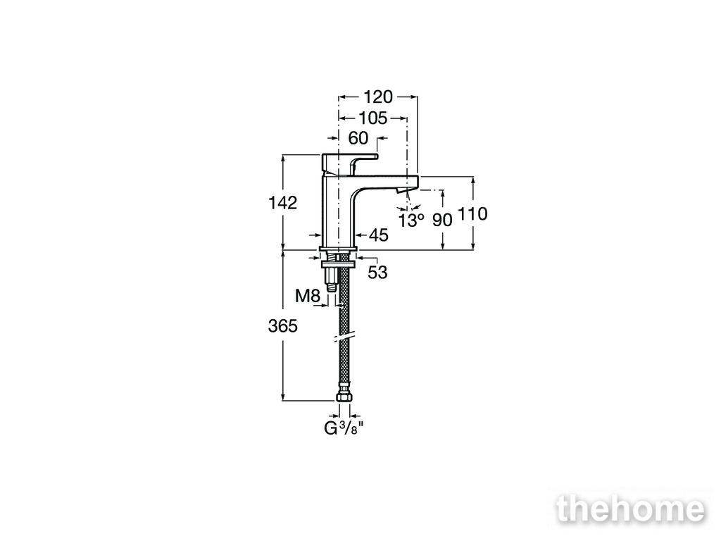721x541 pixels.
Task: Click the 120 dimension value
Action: [x=378, y=97]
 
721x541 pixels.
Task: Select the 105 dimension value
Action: [x=372, y=118]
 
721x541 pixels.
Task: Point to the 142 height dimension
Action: [x=283, y=202]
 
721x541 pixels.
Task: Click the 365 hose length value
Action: [x=283, y=326]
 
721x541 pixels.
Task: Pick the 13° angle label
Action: [x=411, y=220]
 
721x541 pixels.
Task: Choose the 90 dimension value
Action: [x=442, y=220]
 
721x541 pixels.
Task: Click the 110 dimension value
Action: [x=472, y=214]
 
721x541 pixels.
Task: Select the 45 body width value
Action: [x=379, y=235]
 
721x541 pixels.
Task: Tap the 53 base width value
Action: [x=377, y=273]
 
